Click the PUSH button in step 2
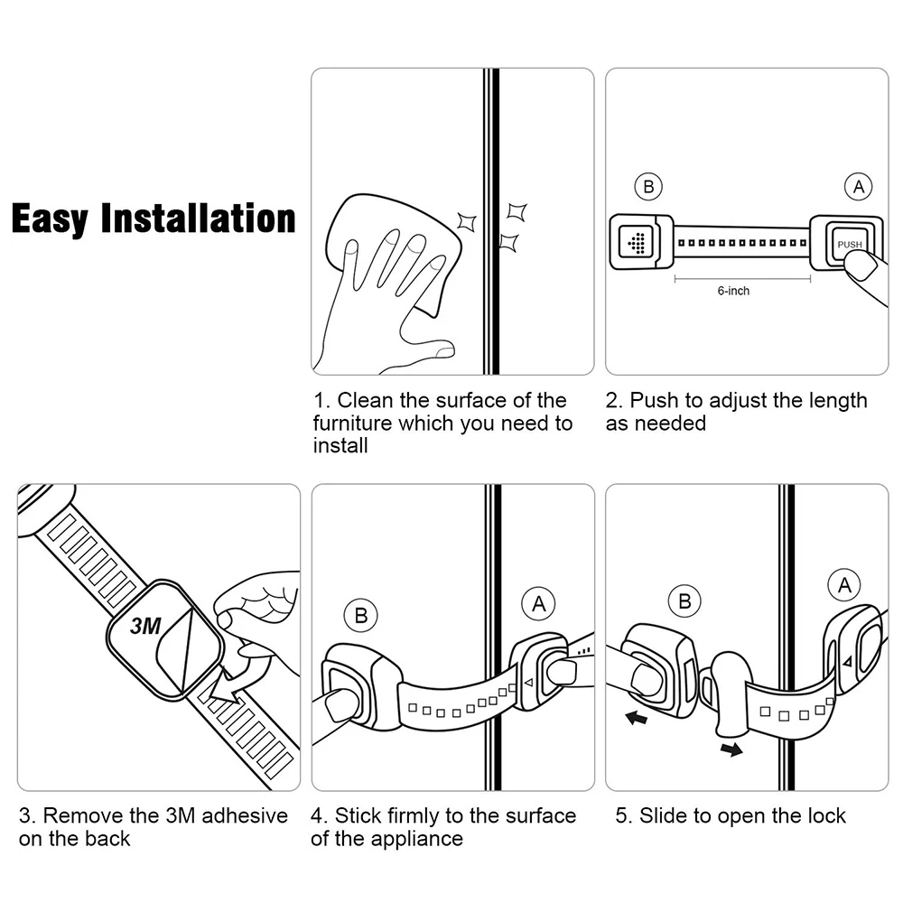(846, 244)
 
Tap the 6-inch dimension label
(733, 291)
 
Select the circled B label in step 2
(648, 187)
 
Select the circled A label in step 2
(858, 187)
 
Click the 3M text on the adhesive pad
(145, 626)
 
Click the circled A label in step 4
(538, 603)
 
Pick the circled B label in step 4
(360, 615)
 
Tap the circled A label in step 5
(844, 585)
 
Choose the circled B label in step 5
(684, 601)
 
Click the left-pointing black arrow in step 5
(636, 718)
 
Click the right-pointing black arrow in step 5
(731, 749)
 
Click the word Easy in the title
(50, 219)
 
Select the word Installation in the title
(198, 218)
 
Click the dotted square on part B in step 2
(636, 242)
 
